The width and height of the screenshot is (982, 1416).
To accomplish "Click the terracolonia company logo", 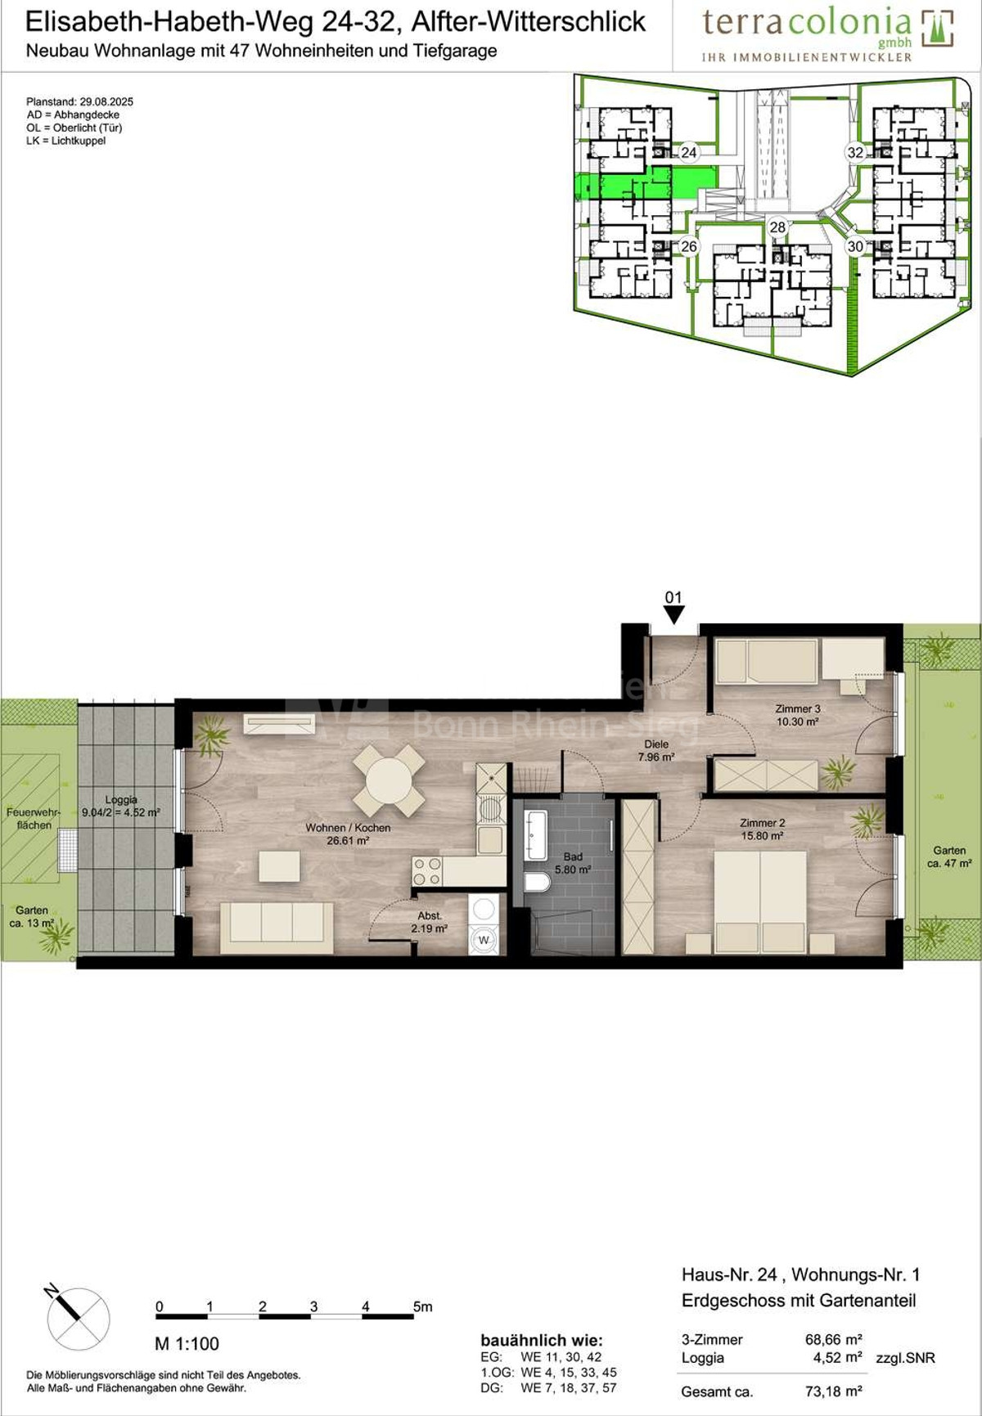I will (x=827, y=33).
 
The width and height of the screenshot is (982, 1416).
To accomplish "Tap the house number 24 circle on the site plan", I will (x=688, y=152).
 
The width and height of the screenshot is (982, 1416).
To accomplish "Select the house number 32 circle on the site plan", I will (x=855, y=152).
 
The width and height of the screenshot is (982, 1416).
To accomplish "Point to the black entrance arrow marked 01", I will (x=673, y=614).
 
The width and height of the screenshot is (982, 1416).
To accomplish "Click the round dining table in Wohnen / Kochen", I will (x=390, y=780).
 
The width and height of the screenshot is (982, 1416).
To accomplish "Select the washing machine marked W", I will (x=484, y=940).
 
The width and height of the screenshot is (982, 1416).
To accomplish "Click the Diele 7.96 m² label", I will (x=655, y=751).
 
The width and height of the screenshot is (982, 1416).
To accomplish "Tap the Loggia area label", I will (x=121, y=807).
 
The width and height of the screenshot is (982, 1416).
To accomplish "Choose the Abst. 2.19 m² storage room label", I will (x=429, y=922).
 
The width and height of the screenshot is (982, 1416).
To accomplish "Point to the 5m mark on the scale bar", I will (x=422, y=1307).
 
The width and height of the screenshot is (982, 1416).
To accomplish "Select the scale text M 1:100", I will (x=187, y=1344).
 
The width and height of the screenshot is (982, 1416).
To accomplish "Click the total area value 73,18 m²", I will (x=834, y=1391).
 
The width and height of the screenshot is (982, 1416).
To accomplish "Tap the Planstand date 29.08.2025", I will (x=106, y=102).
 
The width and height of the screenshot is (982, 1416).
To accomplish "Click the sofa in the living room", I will (x=277, y=926).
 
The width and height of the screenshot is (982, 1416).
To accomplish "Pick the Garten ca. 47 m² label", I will (x=949, y=856).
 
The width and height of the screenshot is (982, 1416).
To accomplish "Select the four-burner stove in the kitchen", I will (x=426, y=871).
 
